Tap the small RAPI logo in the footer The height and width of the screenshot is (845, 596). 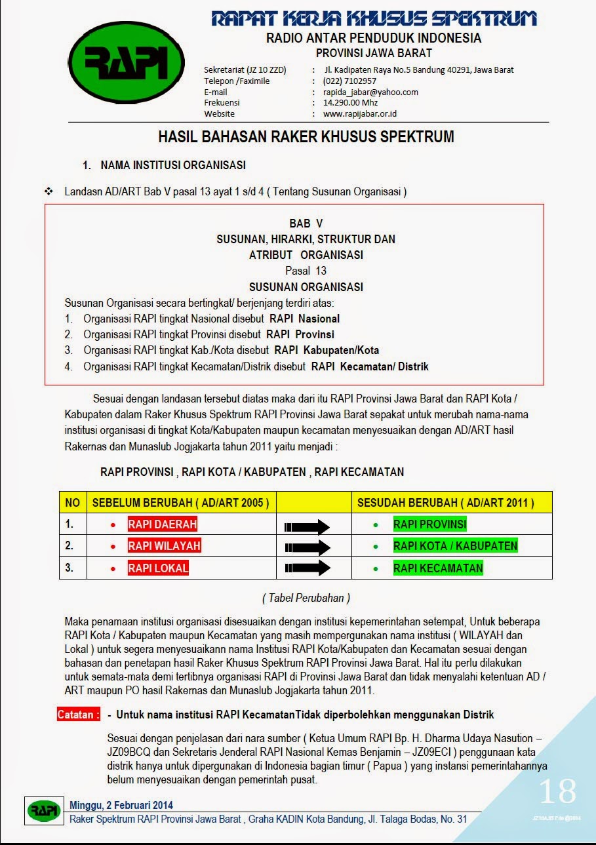coord(44,810)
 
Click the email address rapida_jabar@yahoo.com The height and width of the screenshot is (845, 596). coord(370,92)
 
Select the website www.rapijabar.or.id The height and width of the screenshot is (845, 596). coord(360,113)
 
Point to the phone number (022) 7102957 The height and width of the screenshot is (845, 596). coord(349,81)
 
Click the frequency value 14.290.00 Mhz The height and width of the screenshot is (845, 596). coord(350,102)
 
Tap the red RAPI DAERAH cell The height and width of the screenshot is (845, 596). coord(162,524)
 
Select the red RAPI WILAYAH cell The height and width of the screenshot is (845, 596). coord(164,546)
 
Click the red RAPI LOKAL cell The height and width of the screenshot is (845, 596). coord(158,568)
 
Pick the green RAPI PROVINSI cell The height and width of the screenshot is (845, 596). coord(429,524)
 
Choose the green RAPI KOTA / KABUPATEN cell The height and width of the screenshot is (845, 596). coord(455,546)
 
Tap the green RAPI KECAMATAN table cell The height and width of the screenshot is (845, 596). coord(438,568)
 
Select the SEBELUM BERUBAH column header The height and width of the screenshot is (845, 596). coord(180,503)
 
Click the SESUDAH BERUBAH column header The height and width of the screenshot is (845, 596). coord(445,503)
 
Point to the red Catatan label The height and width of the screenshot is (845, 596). coord(79,715)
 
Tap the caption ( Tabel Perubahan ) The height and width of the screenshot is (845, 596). coord(306,598)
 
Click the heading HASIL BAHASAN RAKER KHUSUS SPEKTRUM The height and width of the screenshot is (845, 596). coord(306,137)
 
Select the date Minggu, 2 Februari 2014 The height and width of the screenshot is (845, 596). coord(121,805)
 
